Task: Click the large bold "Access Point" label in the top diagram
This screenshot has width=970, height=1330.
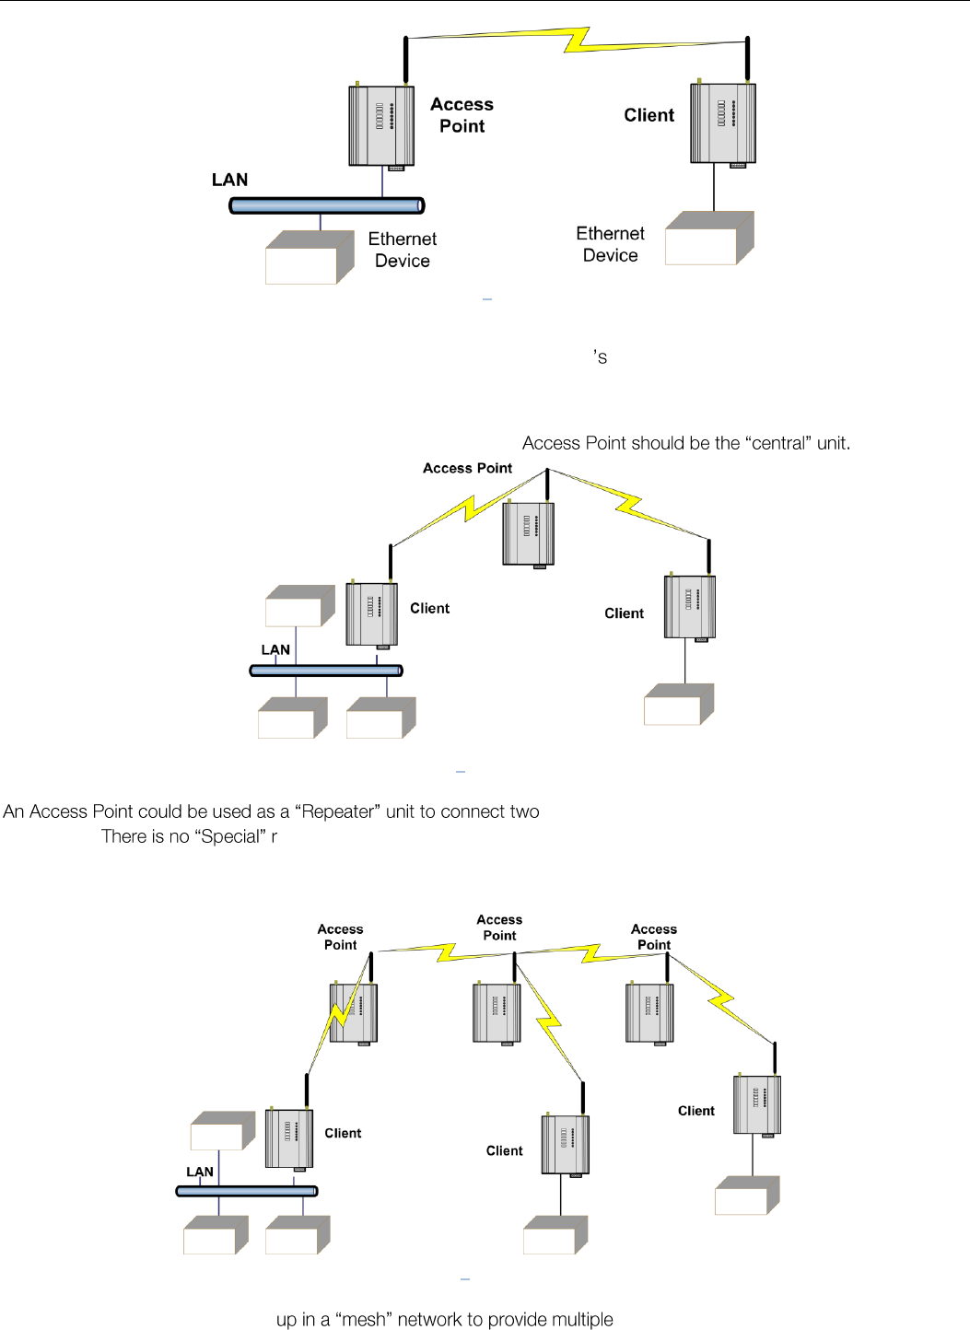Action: [x=462, y=115]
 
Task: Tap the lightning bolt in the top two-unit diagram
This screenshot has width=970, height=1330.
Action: [x=578, y=40]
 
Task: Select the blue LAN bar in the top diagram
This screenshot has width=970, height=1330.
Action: [x=326, y=205]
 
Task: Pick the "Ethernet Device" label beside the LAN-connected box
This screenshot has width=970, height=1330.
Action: [x=403, y=250]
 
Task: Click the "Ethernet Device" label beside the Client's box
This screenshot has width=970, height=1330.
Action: [x=610, y=244]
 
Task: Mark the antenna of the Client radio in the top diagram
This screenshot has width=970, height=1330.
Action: [x=747, y=59]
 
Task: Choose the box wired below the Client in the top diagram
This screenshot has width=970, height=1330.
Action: [x=708, y=239]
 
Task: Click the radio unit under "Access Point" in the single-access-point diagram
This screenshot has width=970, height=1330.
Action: [x=529, y=534]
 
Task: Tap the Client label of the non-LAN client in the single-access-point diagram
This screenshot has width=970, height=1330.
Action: [x=624, y=613]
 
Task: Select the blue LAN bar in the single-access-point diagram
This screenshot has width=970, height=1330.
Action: [x=326, y=671]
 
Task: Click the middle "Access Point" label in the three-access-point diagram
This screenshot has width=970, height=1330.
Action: [x=499, y=927]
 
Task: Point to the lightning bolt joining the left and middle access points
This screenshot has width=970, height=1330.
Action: [x=447, y=951]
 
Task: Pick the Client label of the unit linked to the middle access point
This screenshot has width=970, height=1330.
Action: [x=504, y=1150]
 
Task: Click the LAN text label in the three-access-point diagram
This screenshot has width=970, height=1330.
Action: [x=200, y=1172]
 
